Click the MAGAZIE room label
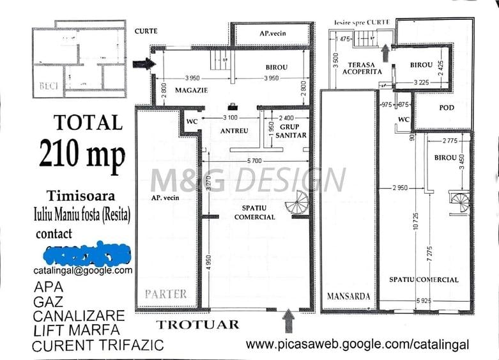pyautogui.click(x=192, y=91)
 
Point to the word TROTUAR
pyautogui.click(x=198, y=325)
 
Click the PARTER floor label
pyautogui.click(x=165, y=294)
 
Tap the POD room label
pyautogui.click(x=447, y=107)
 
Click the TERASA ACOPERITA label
pyautogui.click(x=365, y=68)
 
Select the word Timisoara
pyautogui.click(x=81, y=196)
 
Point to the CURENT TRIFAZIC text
pyautogui.click(x=98, y=346)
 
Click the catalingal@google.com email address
pyautogui.click(x=83, y=270)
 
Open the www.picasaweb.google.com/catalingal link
pyautogui.click(x=357, y=345)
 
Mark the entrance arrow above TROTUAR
pyautogui.click(x=288, y=317)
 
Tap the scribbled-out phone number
pyautogui.click(x=83, y=254)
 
